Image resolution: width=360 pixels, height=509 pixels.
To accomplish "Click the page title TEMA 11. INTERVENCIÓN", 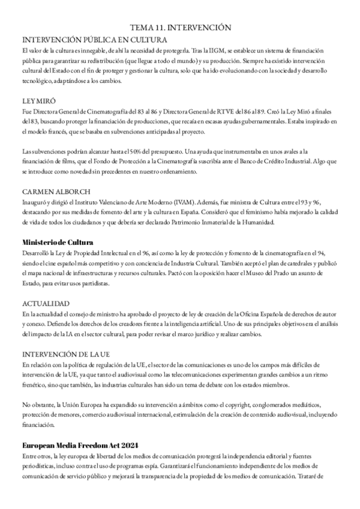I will coord(180,28).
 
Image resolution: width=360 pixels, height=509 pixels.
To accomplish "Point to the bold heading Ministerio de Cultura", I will coord(57,242).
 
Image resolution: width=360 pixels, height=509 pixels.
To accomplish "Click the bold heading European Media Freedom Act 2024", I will coord(80,445).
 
